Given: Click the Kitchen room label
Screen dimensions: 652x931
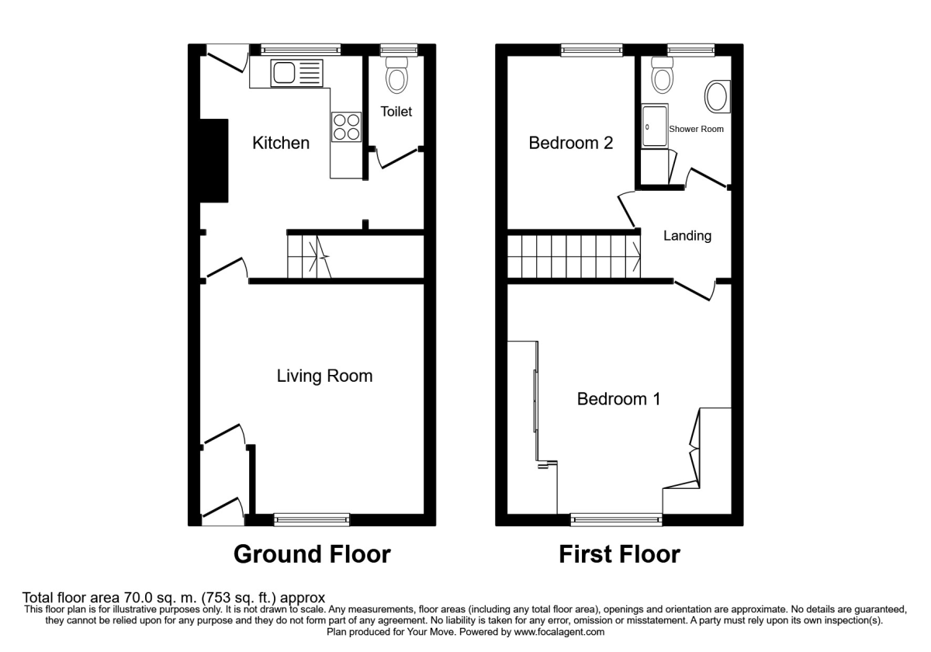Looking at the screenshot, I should (x=281, y=143).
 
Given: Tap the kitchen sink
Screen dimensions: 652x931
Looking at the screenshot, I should (x=295, y=75).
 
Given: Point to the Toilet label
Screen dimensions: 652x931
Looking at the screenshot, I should (x=396, y=112).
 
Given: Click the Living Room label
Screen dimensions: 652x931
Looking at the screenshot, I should (x=324, y=376).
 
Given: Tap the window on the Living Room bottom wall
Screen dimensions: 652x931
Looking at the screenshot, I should (x=311, y=519).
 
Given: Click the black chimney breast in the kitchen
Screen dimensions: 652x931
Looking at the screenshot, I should (x=215, y=161).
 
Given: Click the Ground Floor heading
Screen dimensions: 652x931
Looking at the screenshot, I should (x=311, y=554).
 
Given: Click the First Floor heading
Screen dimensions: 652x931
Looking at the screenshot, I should (x=619, y=554).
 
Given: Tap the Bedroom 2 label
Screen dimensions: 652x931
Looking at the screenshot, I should (x=571, y=144).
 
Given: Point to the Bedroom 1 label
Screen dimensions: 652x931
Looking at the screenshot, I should (x=618, y=400).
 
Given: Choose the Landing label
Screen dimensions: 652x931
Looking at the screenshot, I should (x=687, y=235).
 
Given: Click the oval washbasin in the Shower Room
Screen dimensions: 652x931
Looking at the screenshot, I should (x=716, y=98).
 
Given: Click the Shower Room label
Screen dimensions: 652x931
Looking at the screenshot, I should (x=696, y=129).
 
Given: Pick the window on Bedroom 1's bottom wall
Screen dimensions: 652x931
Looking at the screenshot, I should (x=617, y=519).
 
